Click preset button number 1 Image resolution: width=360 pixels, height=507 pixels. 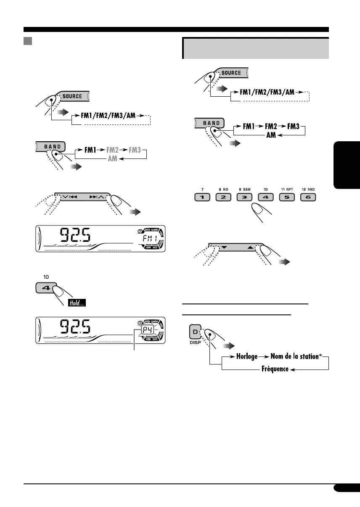click(202, 197)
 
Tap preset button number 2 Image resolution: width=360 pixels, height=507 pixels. click(224, 197)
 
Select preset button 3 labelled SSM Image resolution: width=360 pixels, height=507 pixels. click(247, 197)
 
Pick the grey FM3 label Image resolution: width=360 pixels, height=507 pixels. click(136, 149)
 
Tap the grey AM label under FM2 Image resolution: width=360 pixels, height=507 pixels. click(113, 159)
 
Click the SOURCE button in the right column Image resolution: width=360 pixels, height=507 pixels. click(231, 73)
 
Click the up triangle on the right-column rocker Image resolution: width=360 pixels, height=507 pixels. click(251, 248)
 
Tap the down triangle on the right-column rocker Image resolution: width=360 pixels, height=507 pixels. click(224, 248)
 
